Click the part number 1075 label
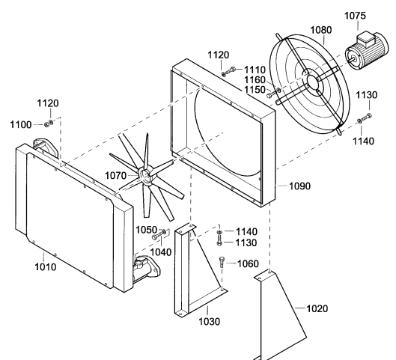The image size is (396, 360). [355, 16]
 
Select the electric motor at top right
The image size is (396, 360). [367, 50]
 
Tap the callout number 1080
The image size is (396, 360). [320, 30]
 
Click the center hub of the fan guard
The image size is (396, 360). [313, 82]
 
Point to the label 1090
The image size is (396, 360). [299, 186]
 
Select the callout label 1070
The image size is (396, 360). [115, 175]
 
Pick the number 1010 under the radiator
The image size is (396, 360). [45, 267]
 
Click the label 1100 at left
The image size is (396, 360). [21, 125]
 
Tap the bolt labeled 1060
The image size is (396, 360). [222, 262]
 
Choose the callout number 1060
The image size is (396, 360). [249, 263]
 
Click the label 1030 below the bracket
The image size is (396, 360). [209, 321]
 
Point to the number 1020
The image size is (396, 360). [317, 308]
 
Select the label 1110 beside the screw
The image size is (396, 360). [255, 70]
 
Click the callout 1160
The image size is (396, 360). [255, 80]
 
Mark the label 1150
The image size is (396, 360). [255, 90]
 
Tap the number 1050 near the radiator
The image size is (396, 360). [147, 230]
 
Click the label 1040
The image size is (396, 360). [161, 252]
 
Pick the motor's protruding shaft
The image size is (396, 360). [352, 60]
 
